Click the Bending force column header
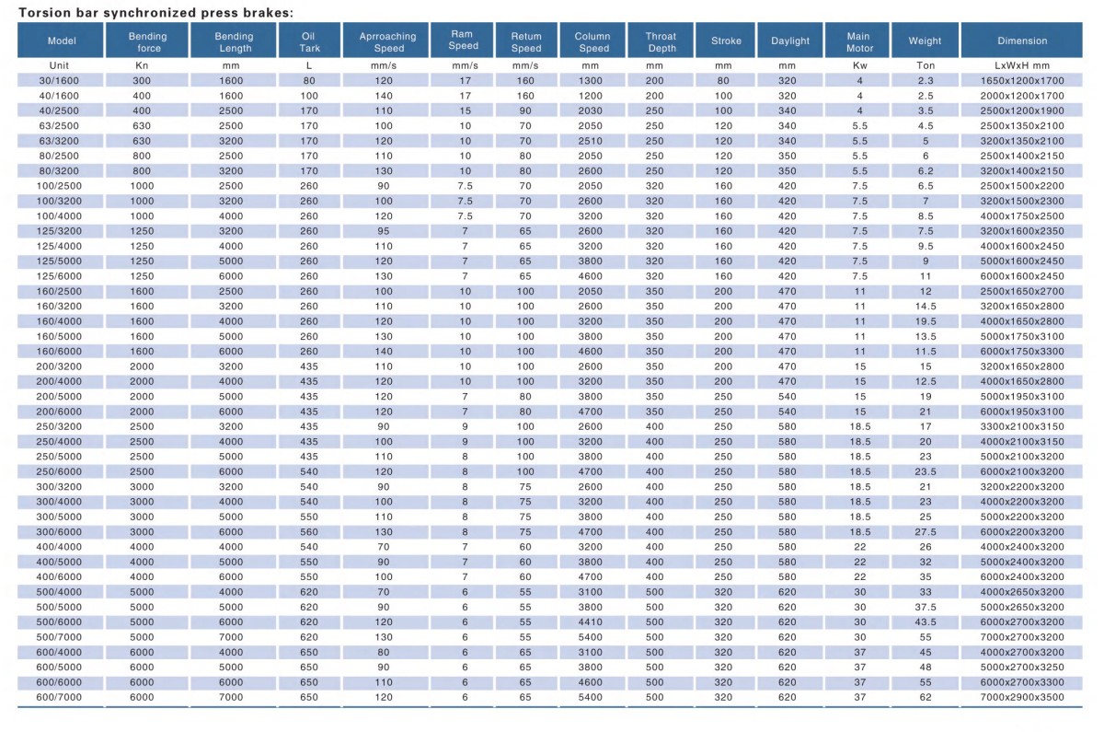[x=148, y=41]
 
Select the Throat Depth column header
[x=654, y=41]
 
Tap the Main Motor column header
[x=859, y=41]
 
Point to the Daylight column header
[x=790, y=41]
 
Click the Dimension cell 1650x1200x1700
[x=1022, y=81]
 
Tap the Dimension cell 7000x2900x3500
[x=1022, y=697]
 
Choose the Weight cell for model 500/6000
[x=925, y=622]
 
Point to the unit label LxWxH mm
[x=1022, y=66]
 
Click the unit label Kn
[x=148, y=66]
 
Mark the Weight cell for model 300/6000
[x=925, y=532]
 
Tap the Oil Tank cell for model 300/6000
[x=309, y=532]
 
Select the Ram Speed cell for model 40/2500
[x=465, y=110]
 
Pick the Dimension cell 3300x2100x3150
[x=1022, y=426]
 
